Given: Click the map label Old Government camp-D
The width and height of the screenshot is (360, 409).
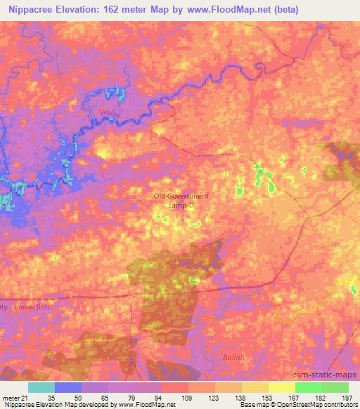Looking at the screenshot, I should pos(181,200).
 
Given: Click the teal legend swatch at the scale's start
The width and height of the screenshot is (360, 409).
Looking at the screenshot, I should pos(41,387).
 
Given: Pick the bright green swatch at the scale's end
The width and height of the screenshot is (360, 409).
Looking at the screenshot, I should pos(335,387).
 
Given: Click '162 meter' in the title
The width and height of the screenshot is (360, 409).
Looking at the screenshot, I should pos(131,10).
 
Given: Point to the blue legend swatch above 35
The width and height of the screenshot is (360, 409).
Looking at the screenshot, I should pos(68,387).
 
